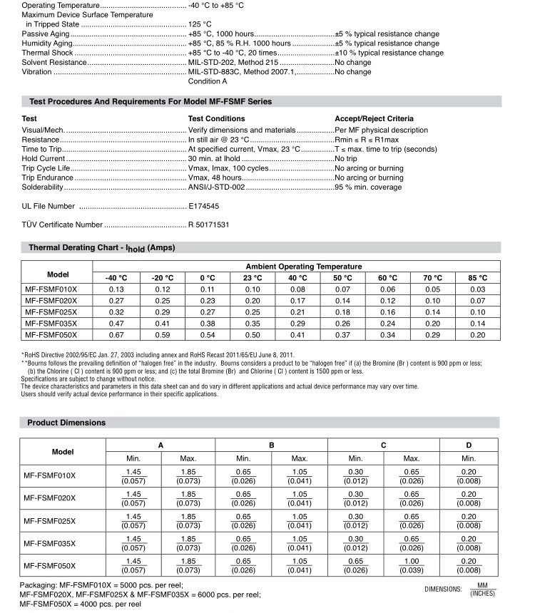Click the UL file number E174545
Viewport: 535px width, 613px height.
tap(203, 206)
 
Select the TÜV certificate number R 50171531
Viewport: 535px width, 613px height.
tap(208, 225)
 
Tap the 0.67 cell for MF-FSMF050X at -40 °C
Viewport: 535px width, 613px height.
tap(116, 334)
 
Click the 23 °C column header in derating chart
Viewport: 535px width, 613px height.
tap(253, 277)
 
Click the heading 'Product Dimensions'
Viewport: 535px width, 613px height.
tap(66, 423)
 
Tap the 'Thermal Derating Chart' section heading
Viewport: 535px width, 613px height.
tap(101, 248)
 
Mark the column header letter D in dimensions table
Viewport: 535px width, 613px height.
tap(469, 445)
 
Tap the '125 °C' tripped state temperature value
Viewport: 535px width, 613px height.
tap(201, 24)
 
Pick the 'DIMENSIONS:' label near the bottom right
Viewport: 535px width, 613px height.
tap(444, 589)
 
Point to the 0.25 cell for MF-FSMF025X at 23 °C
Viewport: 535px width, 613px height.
tap(253, 311)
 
